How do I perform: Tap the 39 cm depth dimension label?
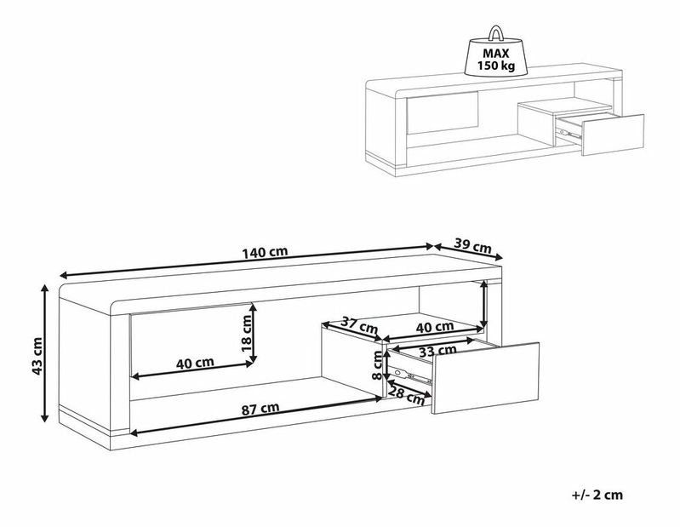pyautogui.click(x=474, y=246)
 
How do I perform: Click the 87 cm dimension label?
pyautogui.click(x=260, y=408)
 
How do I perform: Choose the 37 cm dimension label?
pyautogui.click(x=359, y=324)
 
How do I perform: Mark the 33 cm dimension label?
pyautogui.click(x=438, y=350)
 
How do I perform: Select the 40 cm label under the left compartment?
pyautogui.click(x=194, y=363)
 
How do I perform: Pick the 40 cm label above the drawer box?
pyautogui.click(x=435, y=327)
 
